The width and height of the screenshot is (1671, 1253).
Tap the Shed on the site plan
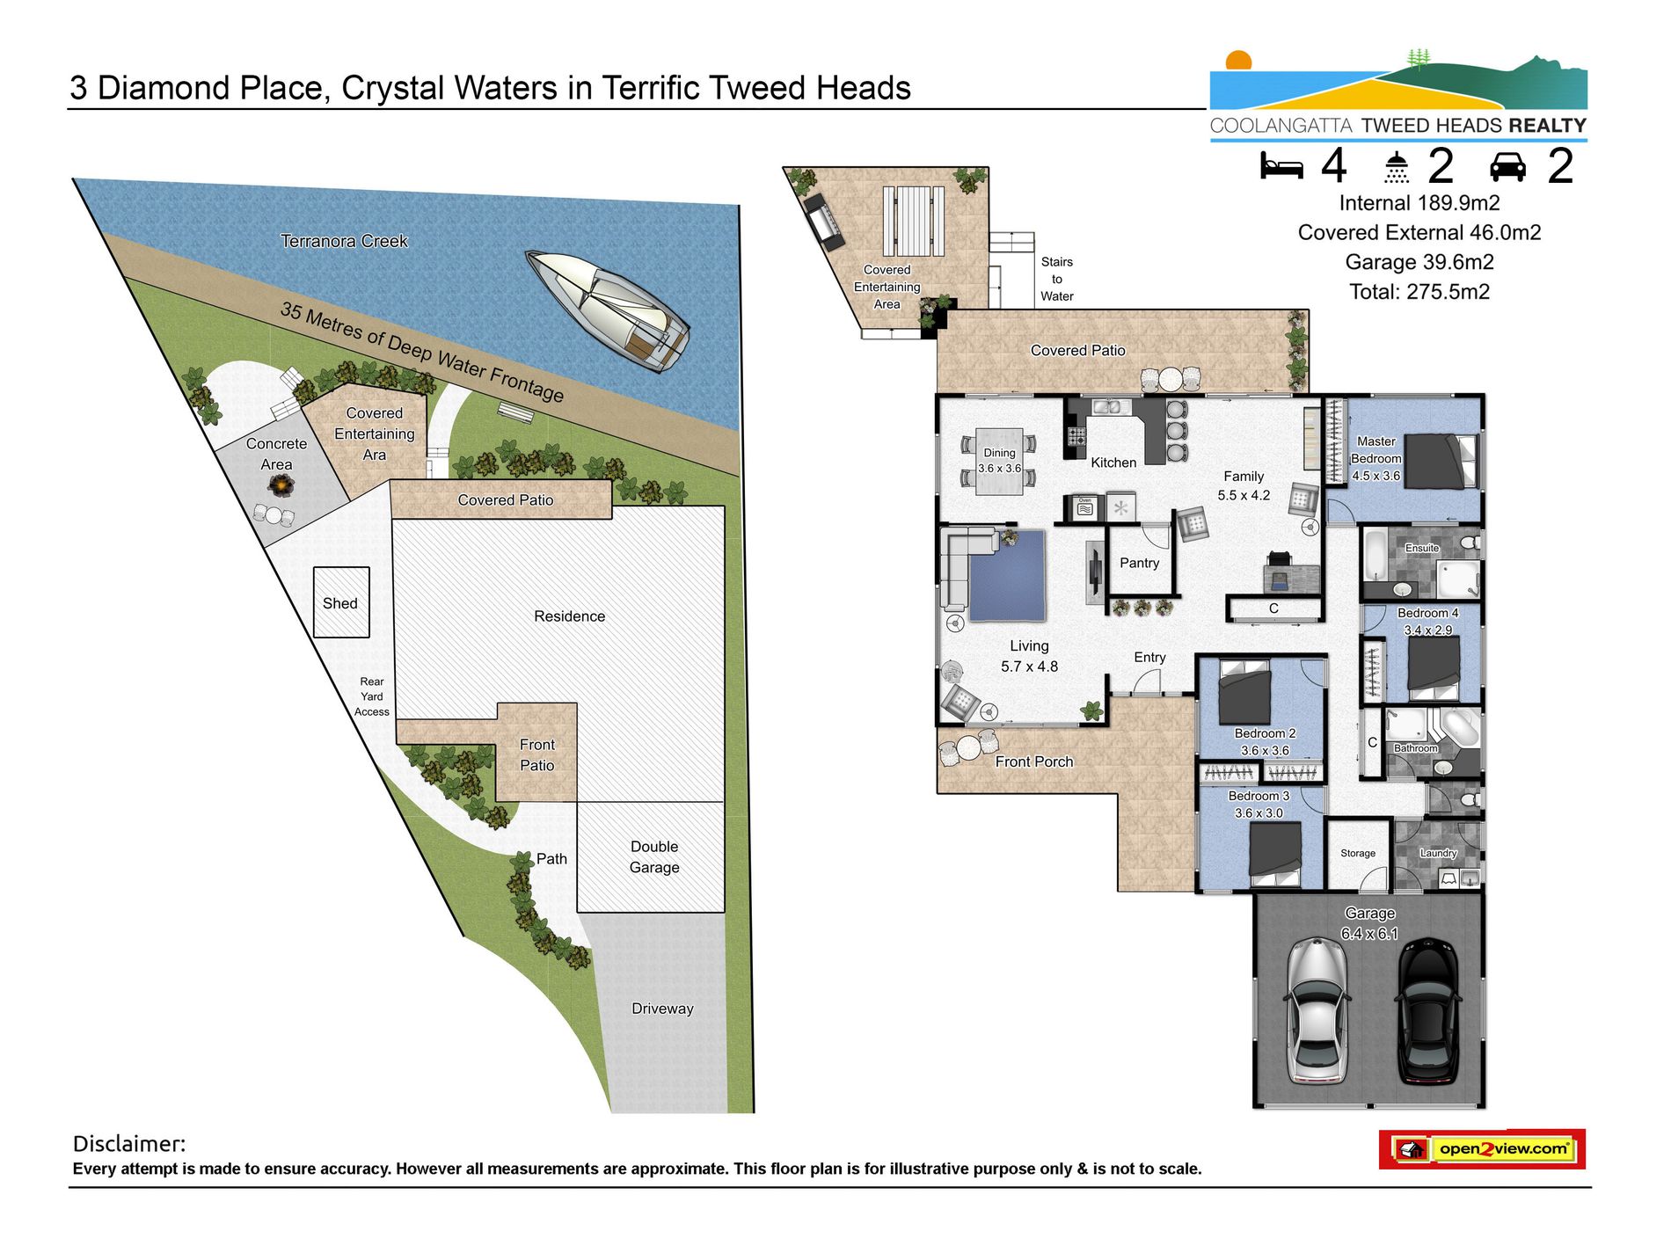pos(341,602)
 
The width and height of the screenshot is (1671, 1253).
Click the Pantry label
pos(1139,563)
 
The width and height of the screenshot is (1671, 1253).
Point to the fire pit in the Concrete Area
pos(281,484)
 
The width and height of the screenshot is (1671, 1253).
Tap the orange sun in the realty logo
pos(1238,61)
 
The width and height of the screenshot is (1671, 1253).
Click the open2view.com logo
pos(1483,1149)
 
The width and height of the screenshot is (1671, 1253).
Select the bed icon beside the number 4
pos(1281,165)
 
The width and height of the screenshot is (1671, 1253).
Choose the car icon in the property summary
pos(1507,166)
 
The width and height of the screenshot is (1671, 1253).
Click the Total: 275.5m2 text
pos(1419,292)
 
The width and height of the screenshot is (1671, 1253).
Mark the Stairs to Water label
pos(1057,279)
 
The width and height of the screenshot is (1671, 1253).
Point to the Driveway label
pos(662,1009)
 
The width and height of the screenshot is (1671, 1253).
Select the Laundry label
pos(1439,853)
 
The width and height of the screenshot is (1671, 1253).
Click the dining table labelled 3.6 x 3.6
pos(999,462)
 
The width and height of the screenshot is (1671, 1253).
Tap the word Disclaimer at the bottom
pos(129,1143)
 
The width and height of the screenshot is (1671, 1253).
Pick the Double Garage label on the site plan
pos(654,856)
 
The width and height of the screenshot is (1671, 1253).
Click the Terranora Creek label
pos(344,241)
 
